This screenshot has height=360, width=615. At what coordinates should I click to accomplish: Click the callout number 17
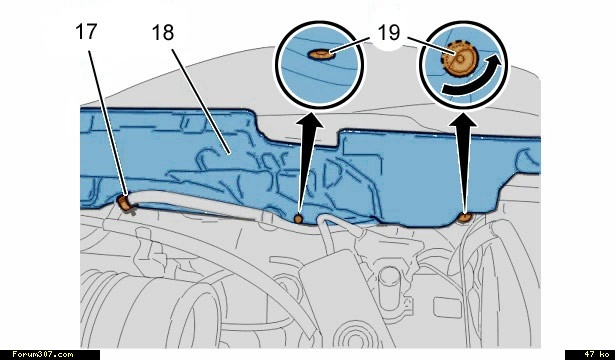(x=86, y=32)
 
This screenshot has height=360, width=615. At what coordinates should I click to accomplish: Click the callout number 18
(x=163, y=33)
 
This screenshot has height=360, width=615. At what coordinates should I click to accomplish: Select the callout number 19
(x=389, y=33)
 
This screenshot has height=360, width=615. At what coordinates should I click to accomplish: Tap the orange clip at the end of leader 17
(x=126, y=204)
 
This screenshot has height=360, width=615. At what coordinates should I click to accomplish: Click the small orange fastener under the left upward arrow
(x=298, y=218)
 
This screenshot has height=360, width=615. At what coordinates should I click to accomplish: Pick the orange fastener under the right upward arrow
(x=466, y=218)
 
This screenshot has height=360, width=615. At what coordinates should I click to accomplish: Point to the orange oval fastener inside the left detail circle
(x=322, y=54)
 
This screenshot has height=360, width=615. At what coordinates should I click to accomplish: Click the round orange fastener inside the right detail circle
(x=460, y=59)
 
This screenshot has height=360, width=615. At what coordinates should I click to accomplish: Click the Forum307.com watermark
(x=42, y=355)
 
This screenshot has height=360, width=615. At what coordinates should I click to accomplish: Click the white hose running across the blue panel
(x=196, y=200)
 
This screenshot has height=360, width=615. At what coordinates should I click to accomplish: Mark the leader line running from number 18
(x=200, y=100)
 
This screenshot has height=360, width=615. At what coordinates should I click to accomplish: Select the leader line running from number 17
(x=107, y=122)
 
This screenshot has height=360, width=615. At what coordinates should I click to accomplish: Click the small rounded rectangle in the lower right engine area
(x=448, y=308)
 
